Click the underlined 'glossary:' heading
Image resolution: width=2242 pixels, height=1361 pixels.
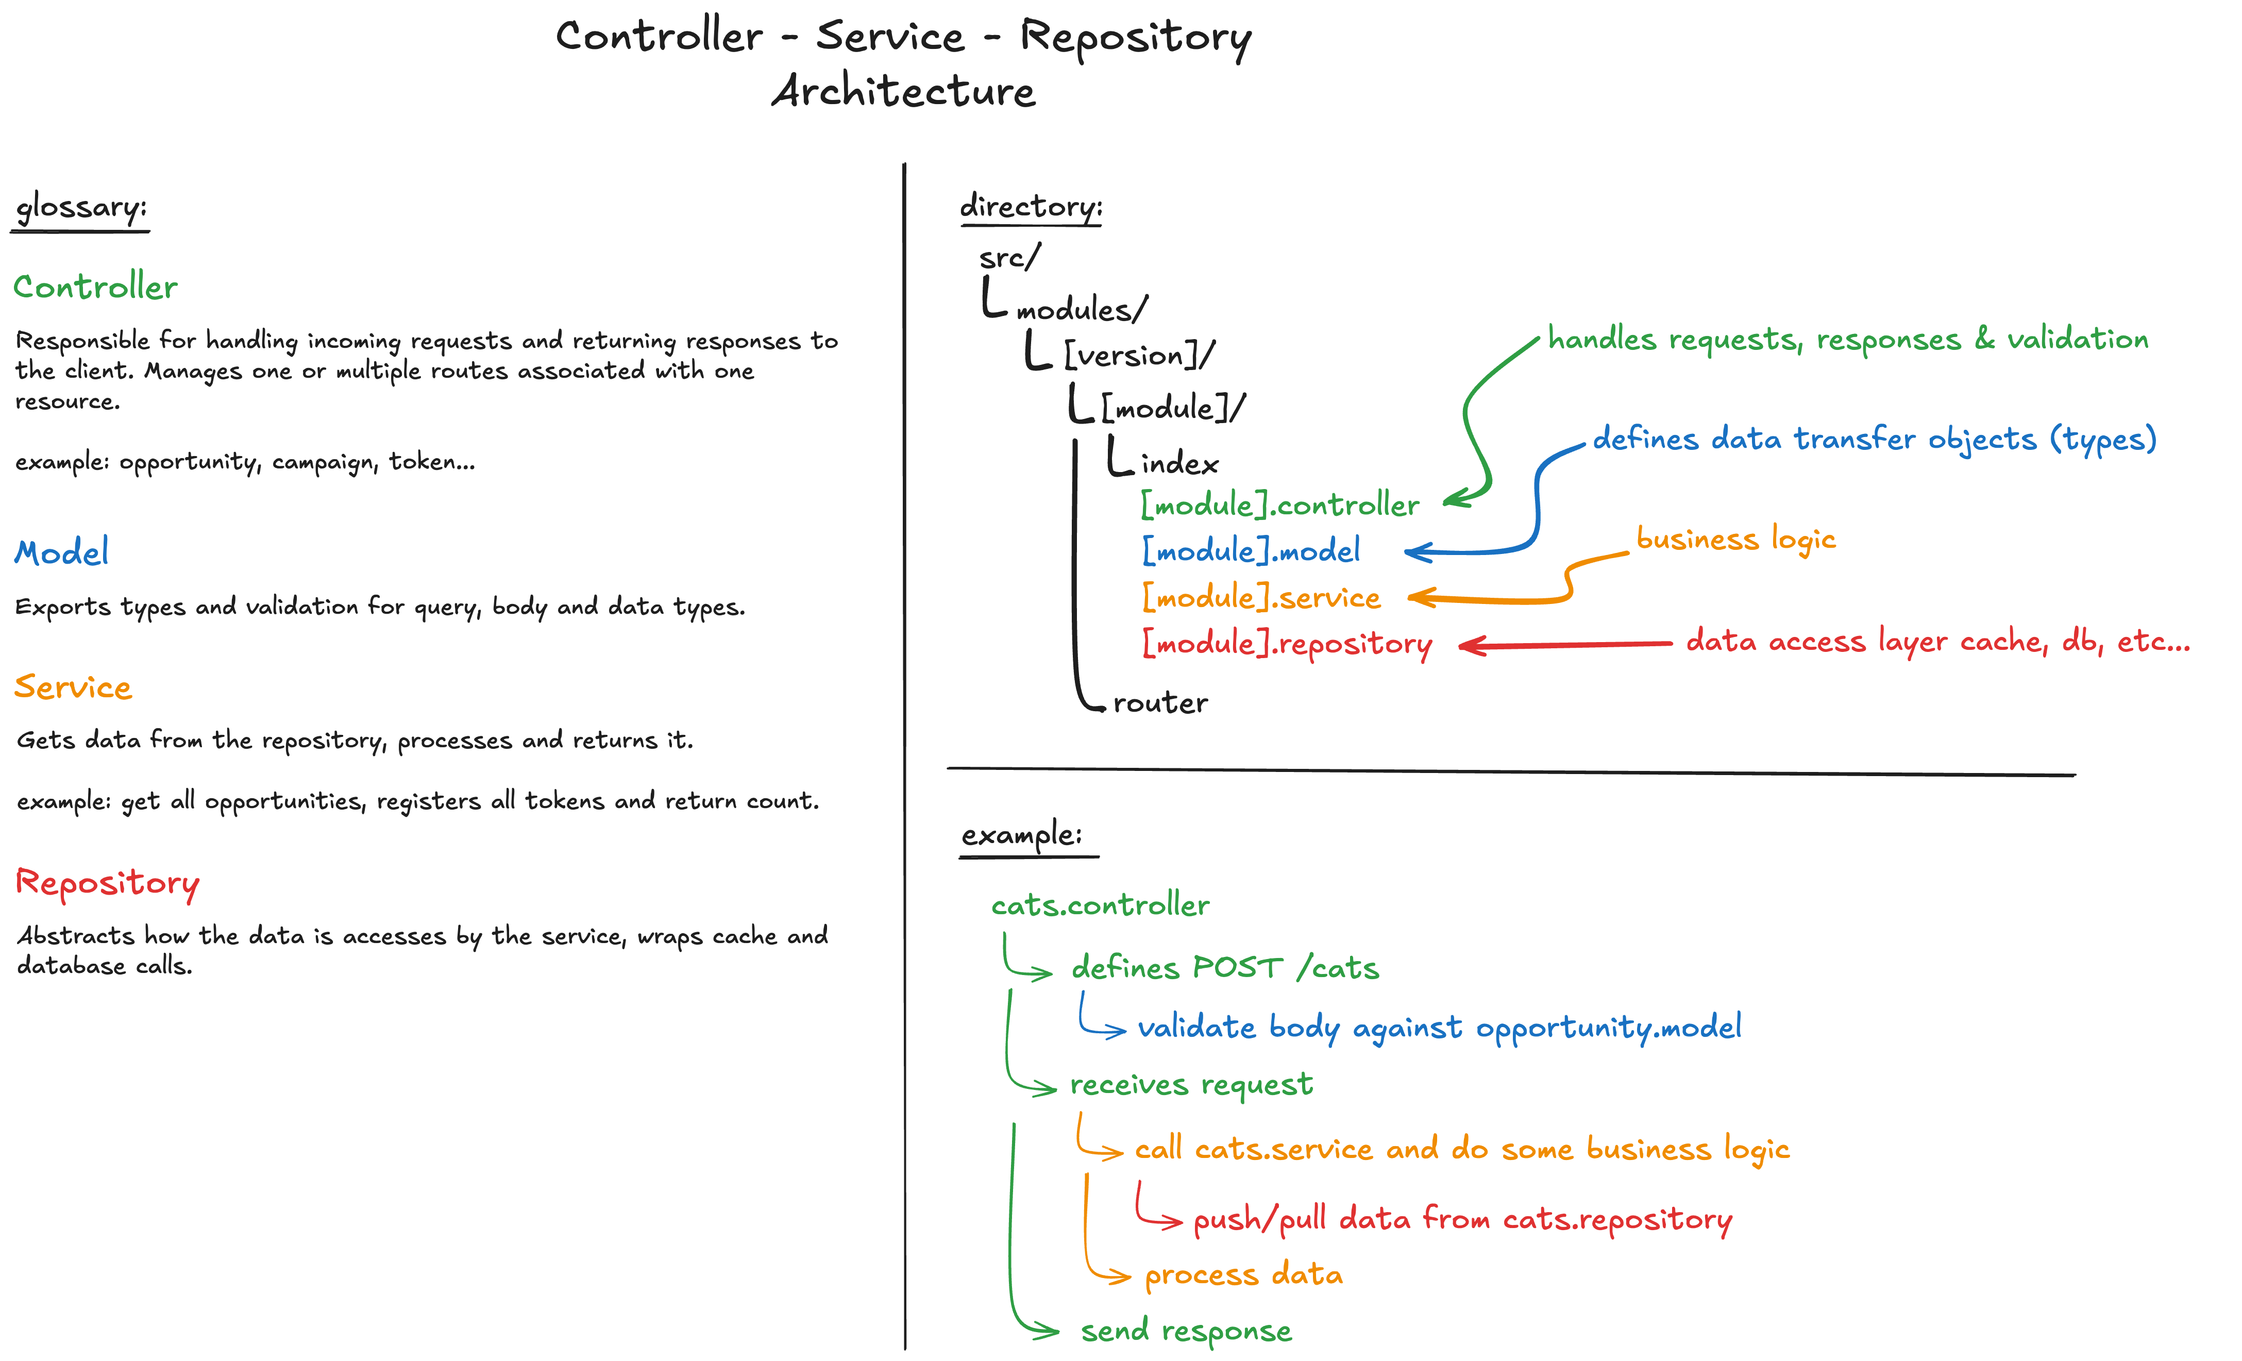coord(81,208)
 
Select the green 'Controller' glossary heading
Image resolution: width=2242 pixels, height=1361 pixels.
coord(95,288)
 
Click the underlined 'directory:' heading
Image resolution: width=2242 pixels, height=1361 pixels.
coord(1031,207)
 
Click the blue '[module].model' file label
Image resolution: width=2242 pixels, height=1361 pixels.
coord(1251,550)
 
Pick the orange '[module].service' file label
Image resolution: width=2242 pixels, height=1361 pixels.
coord(1261,598)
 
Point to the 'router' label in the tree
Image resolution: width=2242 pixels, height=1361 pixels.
coord(1160,703)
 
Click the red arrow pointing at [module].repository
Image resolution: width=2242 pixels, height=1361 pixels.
coord(1565,645)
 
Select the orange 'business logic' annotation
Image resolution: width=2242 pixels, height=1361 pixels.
coord(1735,540)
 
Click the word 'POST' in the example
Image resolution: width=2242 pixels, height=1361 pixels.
coord(1238,968)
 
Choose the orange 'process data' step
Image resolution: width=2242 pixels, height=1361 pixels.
coord(1243,1275)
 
